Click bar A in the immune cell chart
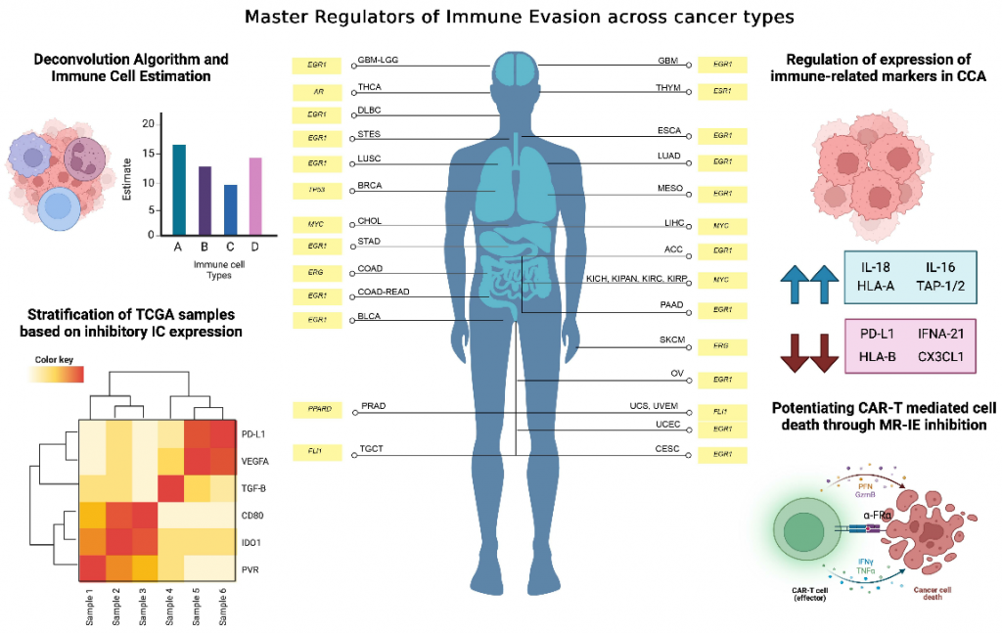pyautogui.click(x=179, y=189)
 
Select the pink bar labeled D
pyautogui.click(x=255, y=196)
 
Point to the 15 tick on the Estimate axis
pyautogui.click(x=147, y=153)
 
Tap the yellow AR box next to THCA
pyautogui.click(x=317, y=91)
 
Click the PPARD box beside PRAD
pyautogui.click(x=317, y=407)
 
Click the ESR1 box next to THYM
pyautogui.click(x=722, y=91)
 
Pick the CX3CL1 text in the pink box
pyautogui.click(x=938, y=358)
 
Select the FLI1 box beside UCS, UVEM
pyautogui.click(x=722, y=410)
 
